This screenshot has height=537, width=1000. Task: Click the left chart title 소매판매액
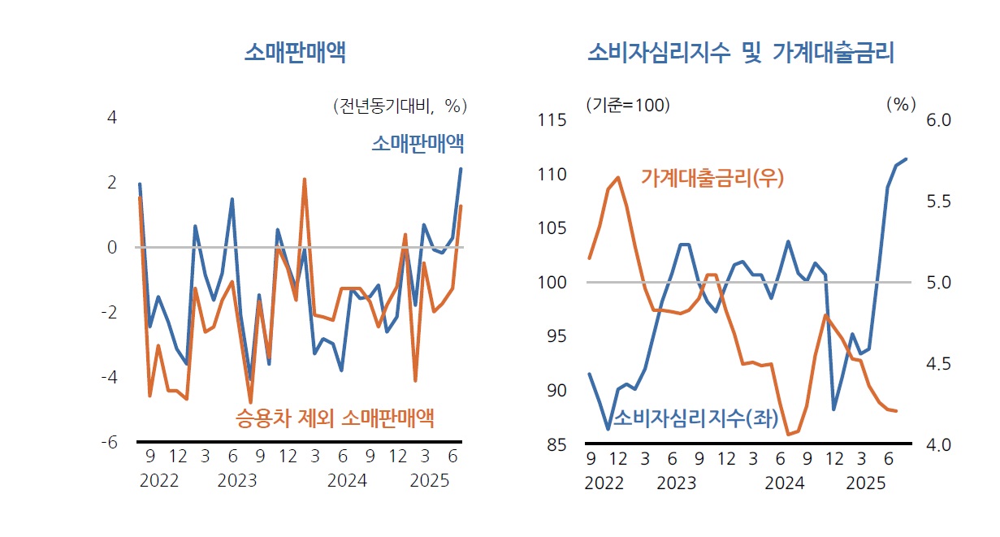[x=295, y=54]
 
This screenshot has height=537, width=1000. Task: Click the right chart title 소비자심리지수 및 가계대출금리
[x=740, y=54]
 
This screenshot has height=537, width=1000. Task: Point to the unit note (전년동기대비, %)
[x=400, y=106]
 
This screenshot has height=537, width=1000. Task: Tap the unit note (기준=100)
[x=628, y=106]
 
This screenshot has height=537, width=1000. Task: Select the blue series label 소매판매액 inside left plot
[x=418, y=145]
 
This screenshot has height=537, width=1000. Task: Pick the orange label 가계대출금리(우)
[x=712, y=178]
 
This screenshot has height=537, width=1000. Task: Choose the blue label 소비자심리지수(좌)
[x=695, y=419]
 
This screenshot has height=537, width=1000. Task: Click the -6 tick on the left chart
[x=111, y=442]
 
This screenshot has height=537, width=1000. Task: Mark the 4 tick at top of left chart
[x=112, y=117]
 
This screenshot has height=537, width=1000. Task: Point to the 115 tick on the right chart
[x=552, y=120]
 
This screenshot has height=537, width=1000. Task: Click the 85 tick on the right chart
[x=555, y=444]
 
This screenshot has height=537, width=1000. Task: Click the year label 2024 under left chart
[x=347, y=481]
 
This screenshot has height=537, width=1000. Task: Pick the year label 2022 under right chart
[x=604, y=483]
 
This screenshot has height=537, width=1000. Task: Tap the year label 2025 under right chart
[x=866, y=483]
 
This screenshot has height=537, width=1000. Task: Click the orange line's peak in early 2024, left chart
[x=305, y=180]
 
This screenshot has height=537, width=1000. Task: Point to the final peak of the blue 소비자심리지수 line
[x=906, y=159]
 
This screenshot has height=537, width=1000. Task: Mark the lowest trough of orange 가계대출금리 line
[x=789, y=435]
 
